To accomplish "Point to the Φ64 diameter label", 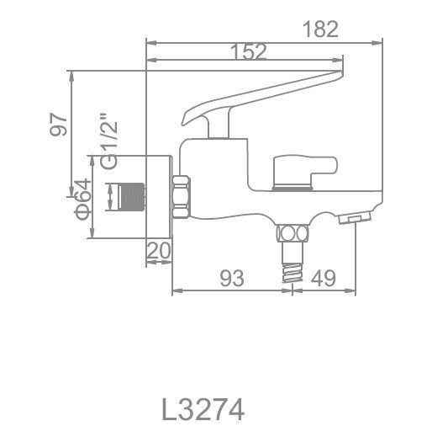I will pyautogui.click(x=81, y=200).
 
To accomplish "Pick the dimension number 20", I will pyautogui.click(x=158, y=251).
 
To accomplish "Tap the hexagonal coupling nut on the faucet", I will pyautogui.click(x=181, y=197).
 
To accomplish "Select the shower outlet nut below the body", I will pyautogui.click(x=292, y=233).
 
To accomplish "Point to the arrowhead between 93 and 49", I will pyautogui.click(x=292, y=292).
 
